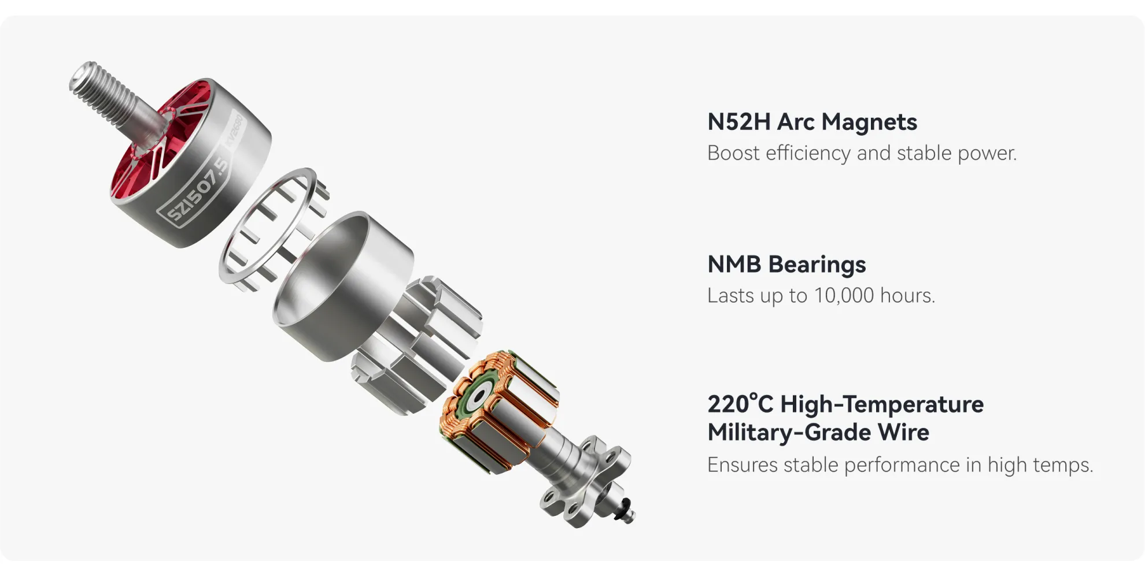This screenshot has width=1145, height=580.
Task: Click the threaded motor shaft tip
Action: click(x=87, y=77)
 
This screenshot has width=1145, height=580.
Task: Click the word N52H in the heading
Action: click(x=738, y=122)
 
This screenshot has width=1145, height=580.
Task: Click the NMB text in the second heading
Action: click(x=734, y=265)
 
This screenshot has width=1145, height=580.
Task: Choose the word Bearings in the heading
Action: click(x=817, y=265)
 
